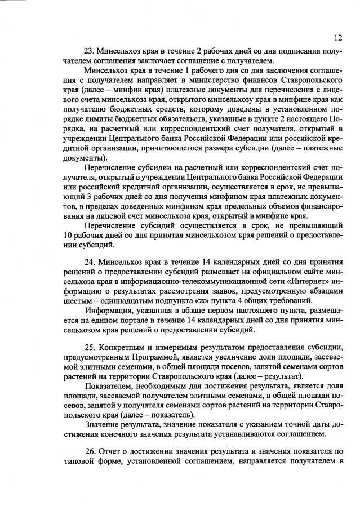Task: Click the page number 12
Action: [337, 37]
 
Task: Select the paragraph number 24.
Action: [90, 262]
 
